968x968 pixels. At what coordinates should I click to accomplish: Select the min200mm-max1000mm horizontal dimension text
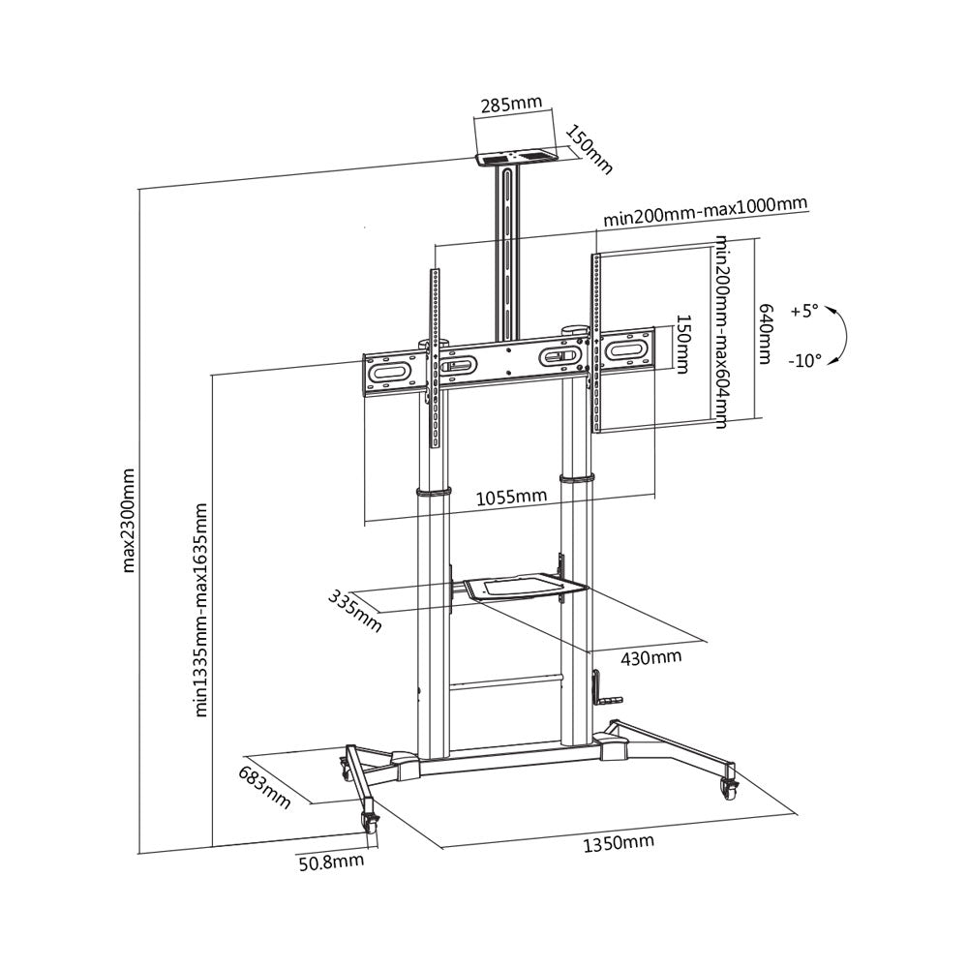click(705, 211)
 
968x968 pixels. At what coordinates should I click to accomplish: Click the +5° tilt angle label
click(802, 312)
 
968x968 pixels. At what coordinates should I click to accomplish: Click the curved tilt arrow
click(841, 336)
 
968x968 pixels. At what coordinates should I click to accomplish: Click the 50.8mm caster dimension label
click(332, 861)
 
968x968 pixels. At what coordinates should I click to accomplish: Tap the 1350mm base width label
click(619, 843)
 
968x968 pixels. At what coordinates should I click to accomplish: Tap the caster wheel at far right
click(727, 788)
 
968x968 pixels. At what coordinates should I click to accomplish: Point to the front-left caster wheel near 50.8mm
click(369, 822)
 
